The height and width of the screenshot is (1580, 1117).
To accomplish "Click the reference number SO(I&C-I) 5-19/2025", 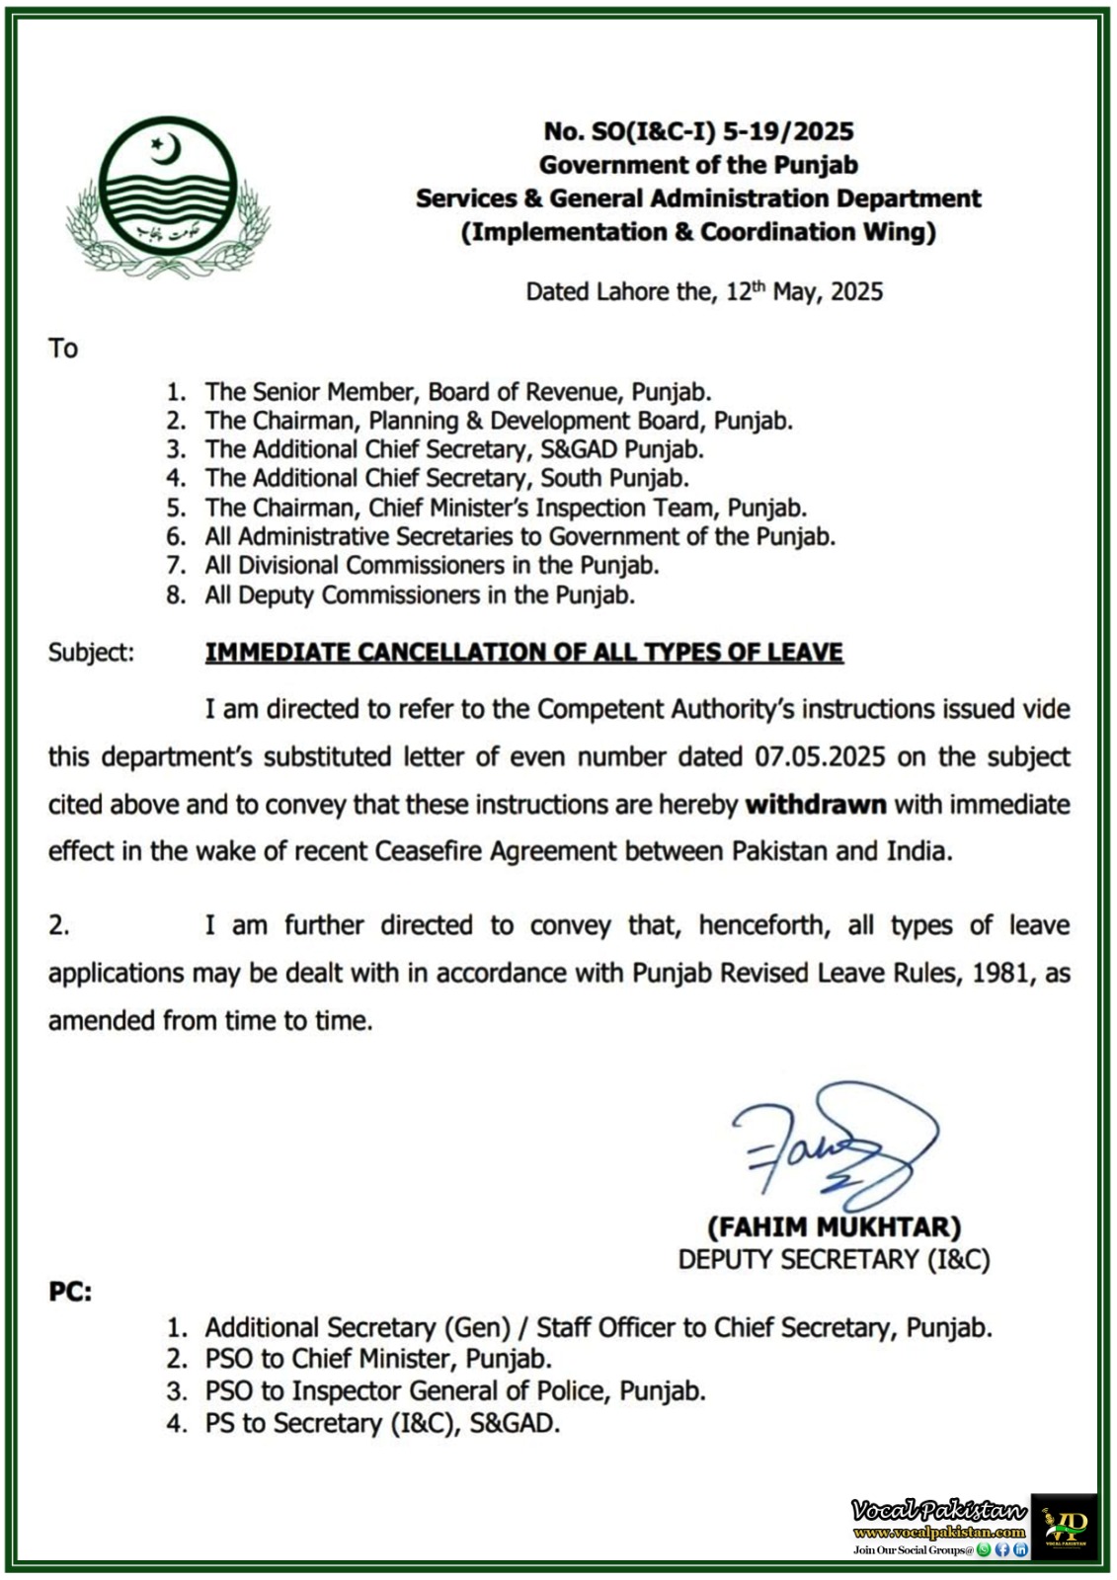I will coord(699,131).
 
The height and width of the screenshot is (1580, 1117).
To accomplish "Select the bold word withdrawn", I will coord(816,805).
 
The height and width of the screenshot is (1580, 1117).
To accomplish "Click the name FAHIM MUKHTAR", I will coord(834,1227).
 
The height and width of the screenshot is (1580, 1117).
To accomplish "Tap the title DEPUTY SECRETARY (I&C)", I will coord(834,1260).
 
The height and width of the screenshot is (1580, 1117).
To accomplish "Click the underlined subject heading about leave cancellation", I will coord(523,653).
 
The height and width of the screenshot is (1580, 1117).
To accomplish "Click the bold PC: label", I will coord(70,1292).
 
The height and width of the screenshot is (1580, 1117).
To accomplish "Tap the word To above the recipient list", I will coord(63,349).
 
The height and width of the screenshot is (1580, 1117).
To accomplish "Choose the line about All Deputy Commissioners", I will coord(420,595).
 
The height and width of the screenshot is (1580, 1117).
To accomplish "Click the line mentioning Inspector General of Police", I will coord(455,1391).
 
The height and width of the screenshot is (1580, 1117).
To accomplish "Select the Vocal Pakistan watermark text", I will coord(938,1511).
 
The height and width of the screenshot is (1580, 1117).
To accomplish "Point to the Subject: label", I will coord(91,653).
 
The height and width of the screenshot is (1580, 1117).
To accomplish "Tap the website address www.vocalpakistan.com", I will coord(938,1533).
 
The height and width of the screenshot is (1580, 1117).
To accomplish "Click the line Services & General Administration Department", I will coord(698,198).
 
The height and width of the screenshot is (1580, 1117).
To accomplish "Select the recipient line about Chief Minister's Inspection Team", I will coord(506,509).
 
